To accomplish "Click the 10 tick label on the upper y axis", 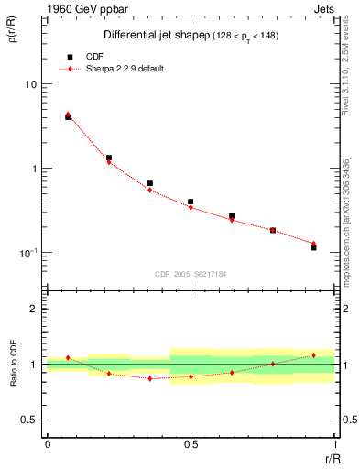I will point(30,84).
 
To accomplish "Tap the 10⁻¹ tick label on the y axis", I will point(28,253).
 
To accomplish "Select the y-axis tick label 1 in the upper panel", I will point(35,169).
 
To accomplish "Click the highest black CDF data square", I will point(68,117).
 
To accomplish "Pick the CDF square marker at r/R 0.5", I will point(191,202).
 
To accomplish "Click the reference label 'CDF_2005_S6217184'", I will point(191,274).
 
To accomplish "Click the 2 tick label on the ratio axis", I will point(35,309).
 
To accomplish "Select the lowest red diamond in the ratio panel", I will point(149,378).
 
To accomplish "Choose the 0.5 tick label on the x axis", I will point(191,443).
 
